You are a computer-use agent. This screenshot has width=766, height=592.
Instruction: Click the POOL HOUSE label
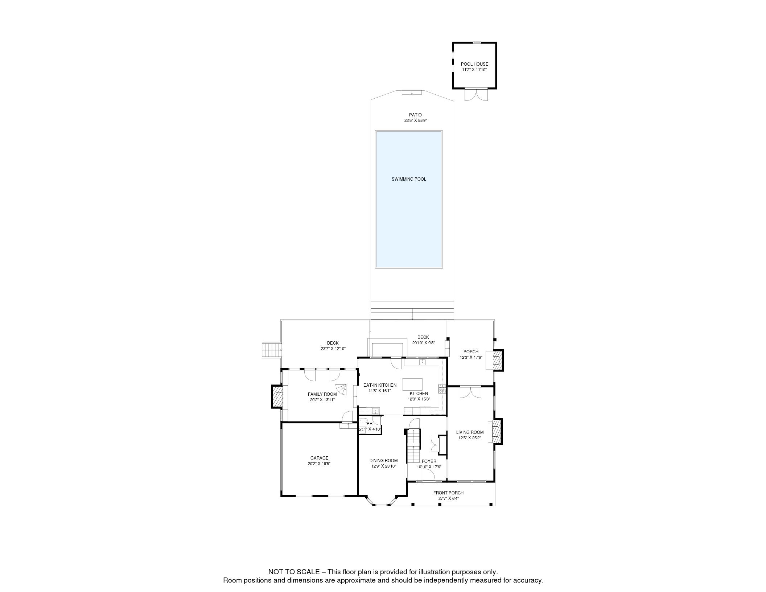click(x=474, y=64)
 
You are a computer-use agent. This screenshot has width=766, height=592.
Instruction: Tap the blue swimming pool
click(x=409, y=199)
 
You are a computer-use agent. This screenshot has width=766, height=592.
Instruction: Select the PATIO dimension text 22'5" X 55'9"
click(x=416, y=120)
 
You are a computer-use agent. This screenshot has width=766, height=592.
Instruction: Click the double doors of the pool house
click(x=476, y=95)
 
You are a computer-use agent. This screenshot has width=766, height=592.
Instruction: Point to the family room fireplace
click(x=278, y=396)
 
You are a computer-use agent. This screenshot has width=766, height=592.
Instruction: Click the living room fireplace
click(x=497, y=431)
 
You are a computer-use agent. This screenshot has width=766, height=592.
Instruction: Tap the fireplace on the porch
click(x=498, y=360)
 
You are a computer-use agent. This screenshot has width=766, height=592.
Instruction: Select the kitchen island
click(x=412, y=384)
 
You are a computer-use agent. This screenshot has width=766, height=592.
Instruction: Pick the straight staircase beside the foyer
click(x=413, y=446)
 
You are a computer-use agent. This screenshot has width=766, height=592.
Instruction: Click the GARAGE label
click(x=319, y=458)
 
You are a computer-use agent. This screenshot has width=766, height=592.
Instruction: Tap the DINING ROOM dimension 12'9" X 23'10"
click(x=383, y=466)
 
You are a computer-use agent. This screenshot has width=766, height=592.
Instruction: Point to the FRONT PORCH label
click(x=448, y=493)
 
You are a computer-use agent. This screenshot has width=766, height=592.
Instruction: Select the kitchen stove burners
click(x=442, y=389)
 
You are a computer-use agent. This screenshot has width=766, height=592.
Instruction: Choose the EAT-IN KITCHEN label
click(x=380, y=385)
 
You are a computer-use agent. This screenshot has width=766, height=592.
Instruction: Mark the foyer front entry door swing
click(x=429, y=476)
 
